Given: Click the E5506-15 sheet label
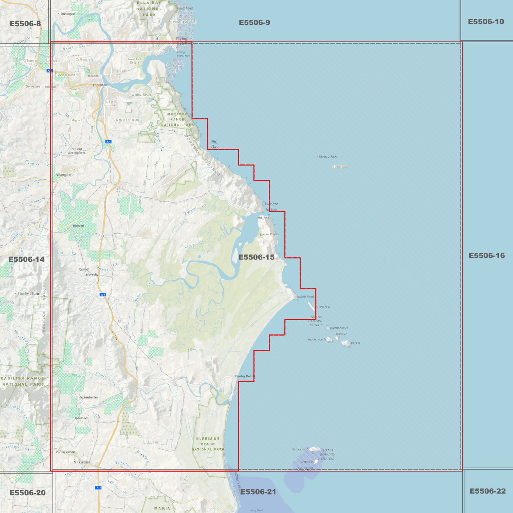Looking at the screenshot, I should click(256, 257).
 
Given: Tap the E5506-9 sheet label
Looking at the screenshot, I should click(254, 23).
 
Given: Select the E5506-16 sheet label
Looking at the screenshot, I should click(486, 256).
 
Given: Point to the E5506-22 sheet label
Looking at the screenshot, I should click(487, 491).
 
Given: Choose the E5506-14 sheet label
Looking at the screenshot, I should click(26, 260).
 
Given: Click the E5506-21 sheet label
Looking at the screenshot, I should click(258, 492).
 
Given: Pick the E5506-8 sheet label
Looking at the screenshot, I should click(25, 24).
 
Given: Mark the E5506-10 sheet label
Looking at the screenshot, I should click(486, 22).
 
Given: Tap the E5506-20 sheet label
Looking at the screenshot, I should click(27, 493).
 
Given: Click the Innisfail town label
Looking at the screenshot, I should click(100, 85).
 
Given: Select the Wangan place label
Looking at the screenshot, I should click(63, 175).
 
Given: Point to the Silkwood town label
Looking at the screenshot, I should click(82, 462).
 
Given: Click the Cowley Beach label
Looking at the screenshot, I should click(244, 376).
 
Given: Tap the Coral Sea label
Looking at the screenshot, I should click(340, 167).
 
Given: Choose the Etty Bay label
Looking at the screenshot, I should click(215, 144).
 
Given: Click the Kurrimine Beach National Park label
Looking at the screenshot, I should click(208, 444).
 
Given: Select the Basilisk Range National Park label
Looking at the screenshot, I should click(22, 381).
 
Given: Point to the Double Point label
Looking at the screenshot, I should click(305, 296).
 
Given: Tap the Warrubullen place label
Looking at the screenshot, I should click(89, 397).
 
